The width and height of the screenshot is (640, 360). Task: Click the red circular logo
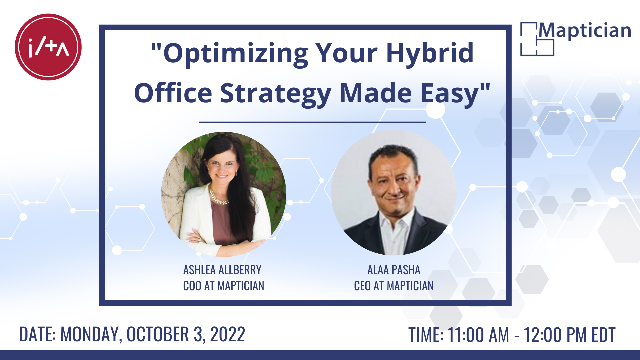(48, 47)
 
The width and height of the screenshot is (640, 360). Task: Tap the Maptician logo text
(585, 31)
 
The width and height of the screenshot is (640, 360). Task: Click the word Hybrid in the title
(430, 53)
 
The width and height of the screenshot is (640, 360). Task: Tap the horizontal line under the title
(312, 122)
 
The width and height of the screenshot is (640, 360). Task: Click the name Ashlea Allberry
(222, 270)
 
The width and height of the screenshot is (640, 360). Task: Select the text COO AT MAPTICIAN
(224, 286)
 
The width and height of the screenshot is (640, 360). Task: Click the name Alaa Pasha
(394, 270)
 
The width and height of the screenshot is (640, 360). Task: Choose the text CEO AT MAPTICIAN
(394, 286)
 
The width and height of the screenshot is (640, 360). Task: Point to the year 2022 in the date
(228, 334)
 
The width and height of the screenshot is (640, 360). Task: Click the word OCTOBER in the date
(158, 334)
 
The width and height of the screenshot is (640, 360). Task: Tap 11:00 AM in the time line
(478, 335)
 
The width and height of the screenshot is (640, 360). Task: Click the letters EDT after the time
(603, 335)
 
